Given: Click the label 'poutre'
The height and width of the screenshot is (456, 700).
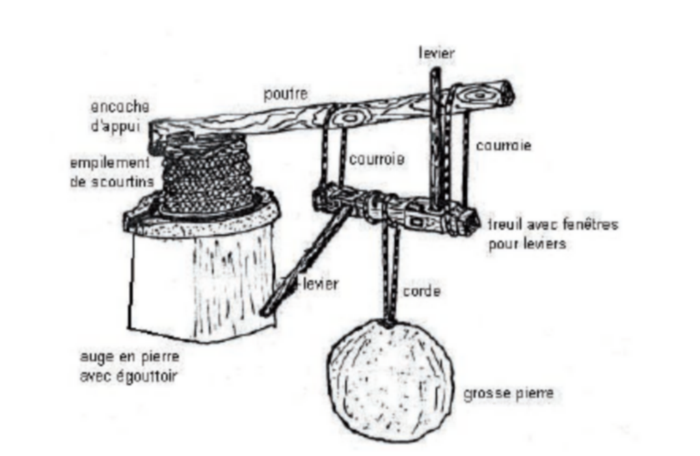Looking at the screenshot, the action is (x=286, y=94).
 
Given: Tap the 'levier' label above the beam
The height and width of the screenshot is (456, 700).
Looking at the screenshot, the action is (x=437, y=53).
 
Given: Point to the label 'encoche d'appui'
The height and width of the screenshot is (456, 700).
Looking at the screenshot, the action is (x=120, y=116).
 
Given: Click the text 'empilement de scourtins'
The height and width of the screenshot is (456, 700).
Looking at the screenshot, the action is (x=112, y=172).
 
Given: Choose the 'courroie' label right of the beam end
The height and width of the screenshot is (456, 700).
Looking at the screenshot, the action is (x=503, y=146).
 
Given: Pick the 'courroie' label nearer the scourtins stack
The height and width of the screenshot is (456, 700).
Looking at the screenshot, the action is (x=377, y=159).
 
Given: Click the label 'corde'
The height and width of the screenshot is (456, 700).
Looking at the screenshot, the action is (x=422, y=291).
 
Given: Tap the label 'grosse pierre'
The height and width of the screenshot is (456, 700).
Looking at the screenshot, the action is (x=509, y=394).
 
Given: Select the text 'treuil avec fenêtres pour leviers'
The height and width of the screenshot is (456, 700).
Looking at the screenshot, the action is (x=552, y=234).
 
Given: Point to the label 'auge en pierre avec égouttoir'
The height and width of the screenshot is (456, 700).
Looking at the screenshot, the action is (x=129, y=366).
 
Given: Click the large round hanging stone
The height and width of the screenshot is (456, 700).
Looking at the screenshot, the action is (x=390, y=381).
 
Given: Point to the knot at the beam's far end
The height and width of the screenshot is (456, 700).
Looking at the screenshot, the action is (x=479, y=95).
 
